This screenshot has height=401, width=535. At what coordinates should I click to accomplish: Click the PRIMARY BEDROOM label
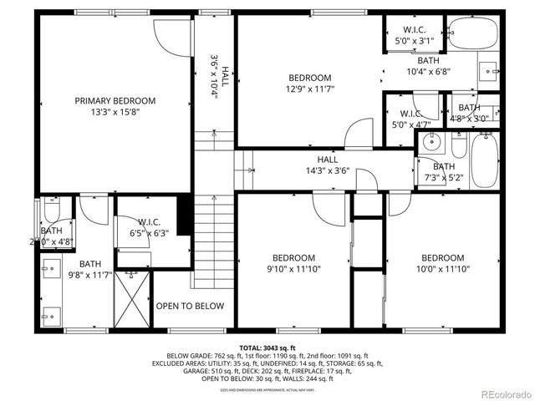point(115,101)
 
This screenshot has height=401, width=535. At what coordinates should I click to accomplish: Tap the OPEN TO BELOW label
point(190,306)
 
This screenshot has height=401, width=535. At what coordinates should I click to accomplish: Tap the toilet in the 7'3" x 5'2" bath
point(458,147)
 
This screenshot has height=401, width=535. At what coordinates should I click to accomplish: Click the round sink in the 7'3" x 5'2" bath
point(431,140)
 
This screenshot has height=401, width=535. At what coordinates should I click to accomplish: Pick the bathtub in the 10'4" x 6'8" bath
point(472,33)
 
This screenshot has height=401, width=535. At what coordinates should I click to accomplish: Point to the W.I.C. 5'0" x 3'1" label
point(414,34)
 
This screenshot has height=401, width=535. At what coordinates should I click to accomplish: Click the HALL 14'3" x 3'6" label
point(327,165)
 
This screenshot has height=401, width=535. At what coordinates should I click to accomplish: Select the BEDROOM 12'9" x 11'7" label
point(309,84)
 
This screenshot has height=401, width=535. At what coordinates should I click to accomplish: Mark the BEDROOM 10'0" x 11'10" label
point(442,263)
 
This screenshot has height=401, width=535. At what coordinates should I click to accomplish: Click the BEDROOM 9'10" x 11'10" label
point(293,263)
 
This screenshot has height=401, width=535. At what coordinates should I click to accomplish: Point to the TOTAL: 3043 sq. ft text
point(267,347)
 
